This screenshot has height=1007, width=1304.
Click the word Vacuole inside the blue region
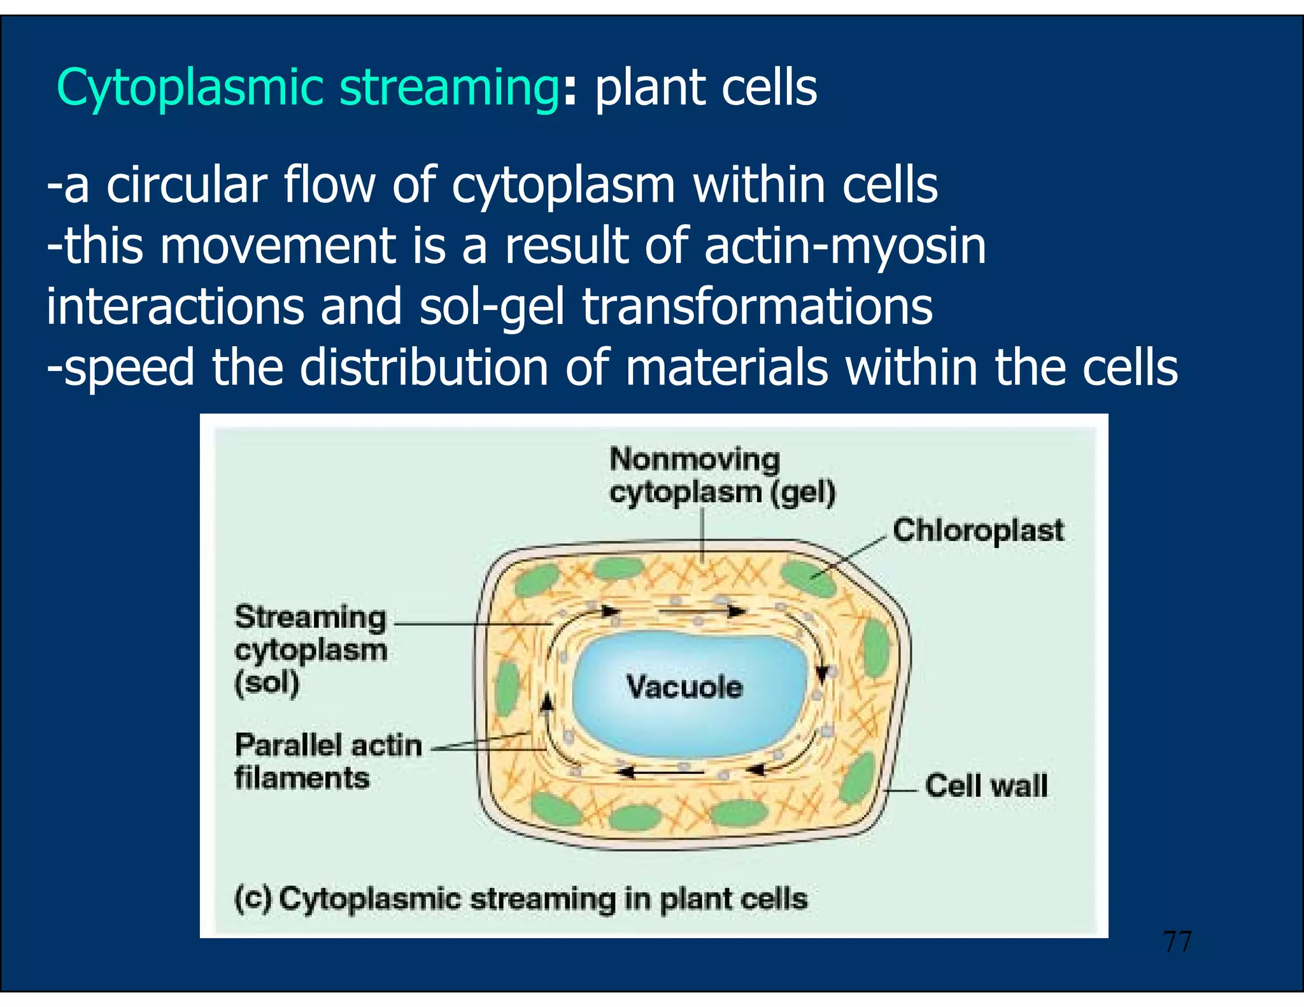[x=684, y=687]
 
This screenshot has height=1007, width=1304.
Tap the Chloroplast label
[x=977, y=530]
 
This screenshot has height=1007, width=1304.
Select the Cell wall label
[x=986, y=785]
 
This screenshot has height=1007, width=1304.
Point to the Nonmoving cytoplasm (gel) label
[x=721, y=476]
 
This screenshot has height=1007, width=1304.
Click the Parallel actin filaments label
[x=327, y=761]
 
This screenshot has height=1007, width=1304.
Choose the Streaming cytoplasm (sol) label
[x=311, y=650]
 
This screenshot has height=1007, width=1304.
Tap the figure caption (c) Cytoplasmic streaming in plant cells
[x=520, y=899]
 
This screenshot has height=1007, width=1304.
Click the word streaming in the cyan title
[x=449, y=88]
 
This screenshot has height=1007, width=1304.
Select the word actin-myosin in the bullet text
[x=845, y=246]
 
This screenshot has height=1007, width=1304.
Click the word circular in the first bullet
[x=186, y=185]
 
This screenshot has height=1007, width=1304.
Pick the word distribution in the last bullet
[x=423, y=368]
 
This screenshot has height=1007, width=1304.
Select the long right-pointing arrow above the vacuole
[x=700, y=612]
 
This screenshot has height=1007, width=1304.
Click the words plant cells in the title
[x=705, y=88]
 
